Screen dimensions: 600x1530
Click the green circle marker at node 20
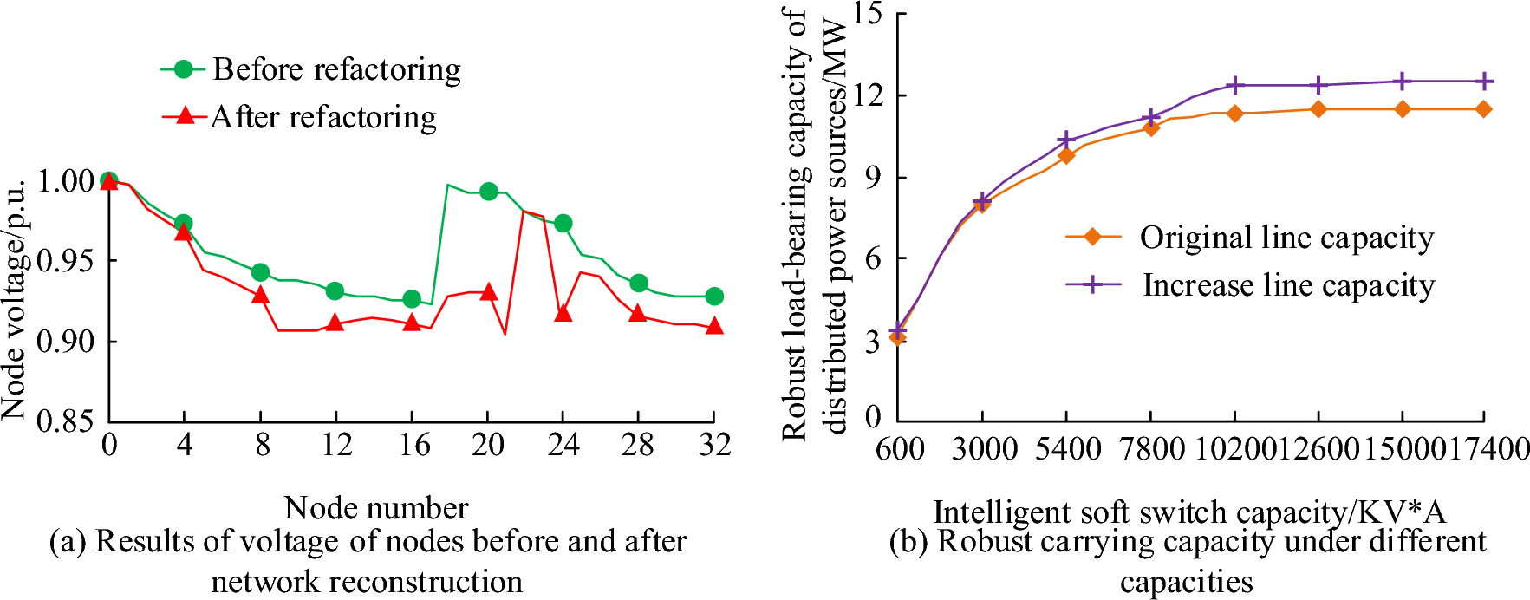(x=489, y=191)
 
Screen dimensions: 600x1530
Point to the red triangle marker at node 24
(x=563, y=313)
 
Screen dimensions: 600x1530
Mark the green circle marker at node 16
(x=412, y=299)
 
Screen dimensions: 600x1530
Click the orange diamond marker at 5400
(x=1066, y=155)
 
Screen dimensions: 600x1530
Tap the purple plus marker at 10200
(x=1235, y=85)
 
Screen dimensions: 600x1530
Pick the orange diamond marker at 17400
(x=1484, y=109)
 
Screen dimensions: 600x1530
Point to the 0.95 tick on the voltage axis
(x=66, y=260)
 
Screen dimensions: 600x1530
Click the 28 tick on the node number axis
(x=638, y=446)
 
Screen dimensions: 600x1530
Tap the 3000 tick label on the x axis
(x=985, y=449)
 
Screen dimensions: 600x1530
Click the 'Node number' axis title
(x=376, y=507)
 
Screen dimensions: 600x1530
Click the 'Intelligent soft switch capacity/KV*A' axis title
(x=1189, y=512)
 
